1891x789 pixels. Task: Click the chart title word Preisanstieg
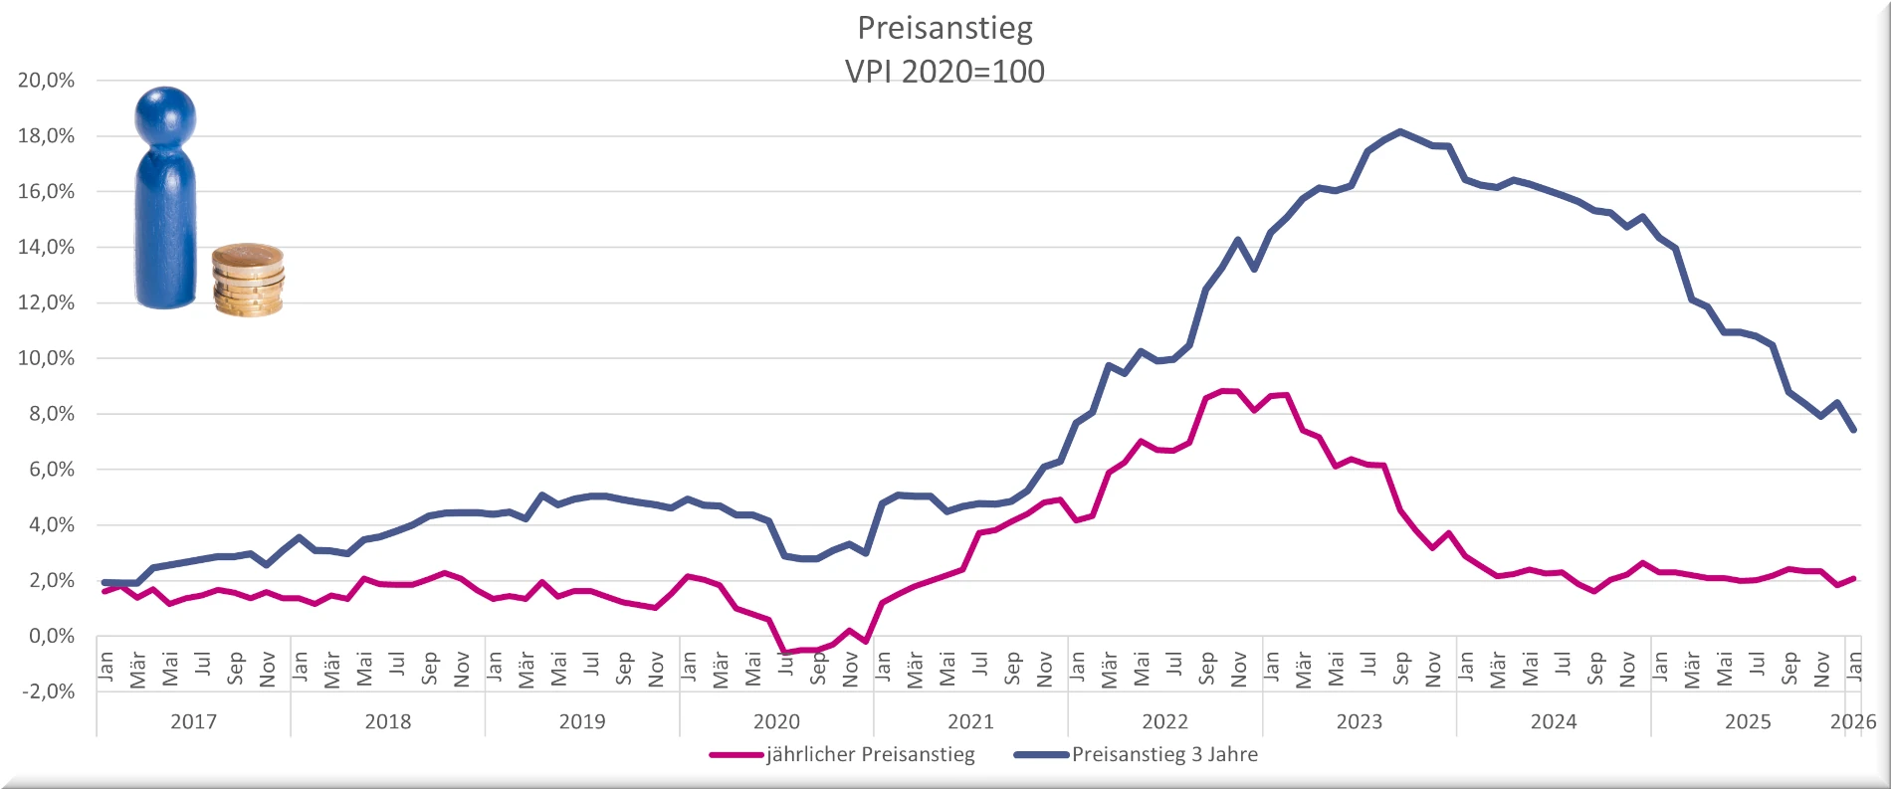945,28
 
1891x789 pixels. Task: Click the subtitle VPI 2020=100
945,72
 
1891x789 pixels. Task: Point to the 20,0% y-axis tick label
46,81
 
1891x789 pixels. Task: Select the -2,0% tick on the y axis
46,691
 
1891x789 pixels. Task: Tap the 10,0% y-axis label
46,358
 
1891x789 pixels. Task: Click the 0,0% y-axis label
49,636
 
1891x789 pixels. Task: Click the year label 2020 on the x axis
776,721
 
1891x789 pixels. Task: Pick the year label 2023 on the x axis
1360,721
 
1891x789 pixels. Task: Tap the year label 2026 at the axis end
1852,721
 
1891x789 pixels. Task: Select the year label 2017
193,721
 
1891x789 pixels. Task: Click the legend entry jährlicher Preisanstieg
870,754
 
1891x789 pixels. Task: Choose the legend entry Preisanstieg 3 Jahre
1164,754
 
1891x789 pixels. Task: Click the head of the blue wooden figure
165,115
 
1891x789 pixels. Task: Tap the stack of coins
248,281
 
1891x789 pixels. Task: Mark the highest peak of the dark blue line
1400,131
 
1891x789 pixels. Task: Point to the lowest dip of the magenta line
785,653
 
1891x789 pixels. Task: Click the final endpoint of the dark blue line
1854,430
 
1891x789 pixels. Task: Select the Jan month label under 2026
1854,664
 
